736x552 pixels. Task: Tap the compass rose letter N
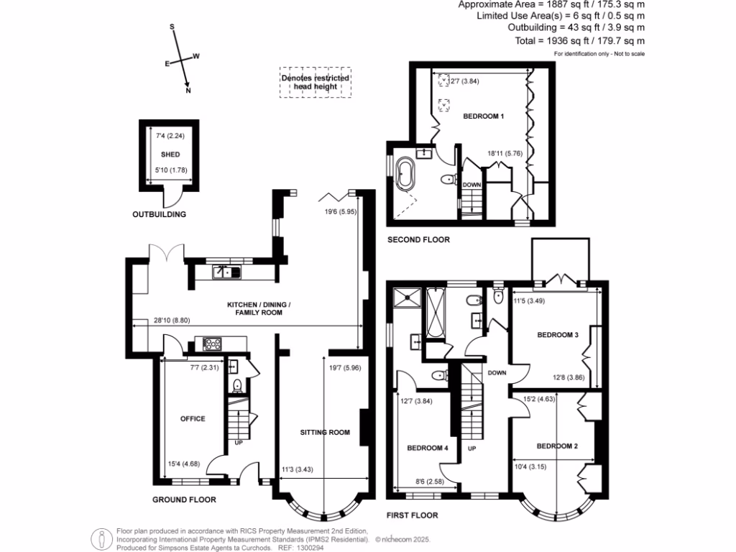pyautogui.click(x=189, y=91)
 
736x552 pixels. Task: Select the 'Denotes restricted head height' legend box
pyautogui.click(x=316, y=82)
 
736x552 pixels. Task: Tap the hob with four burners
pyautogui.click(x=213, y=344)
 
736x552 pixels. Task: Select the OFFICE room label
pyautogui.click(x=193, y=418)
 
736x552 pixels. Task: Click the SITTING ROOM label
pyautogui.click(x=325, y=432)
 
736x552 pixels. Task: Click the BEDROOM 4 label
pyautogui.click(x=428, y=448)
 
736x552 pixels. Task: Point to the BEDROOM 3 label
pyautogui.click(x=558, y=335)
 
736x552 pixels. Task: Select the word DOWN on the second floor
pyautogui.click(x=471, y=185)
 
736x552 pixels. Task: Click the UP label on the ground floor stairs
pyautogui.click(x=238, y=443)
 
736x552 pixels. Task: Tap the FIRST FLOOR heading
pyautogui.click(x=412, y=515)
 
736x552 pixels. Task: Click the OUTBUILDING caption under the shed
pyautogui.click(x=159, y=214)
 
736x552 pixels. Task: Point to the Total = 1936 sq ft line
pyautogui.click(x=580, y=42)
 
